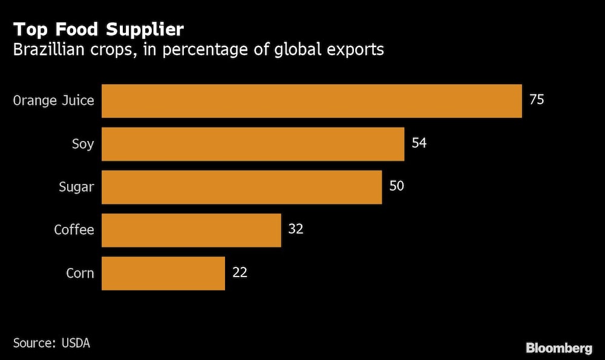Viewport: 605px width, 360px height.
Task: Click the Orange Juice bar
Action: coord(312,100)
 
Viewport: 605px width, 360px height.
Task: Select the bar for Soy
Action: coord(253,144)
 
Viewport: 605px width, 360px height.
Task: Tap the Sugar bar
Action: coord(241,187)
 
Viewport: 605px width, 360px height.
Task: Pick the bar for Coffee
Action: coord(191,230)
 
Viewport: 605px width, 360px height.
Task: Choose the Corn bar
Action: coord(163,273)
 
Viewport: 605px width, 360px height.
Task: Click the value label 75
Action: coord(537,100)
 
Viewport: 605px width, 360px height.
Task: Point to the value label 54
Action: coord(419,143)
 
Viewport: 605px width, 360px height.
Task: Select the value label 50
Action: coord(396,186)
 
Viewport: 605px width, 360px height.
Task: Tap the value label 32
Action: coord(296,229)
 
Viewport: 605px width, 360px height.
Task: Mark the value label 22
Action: coord(240,272)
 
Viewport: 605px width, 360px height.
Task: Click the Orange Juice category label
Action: coord(54,100)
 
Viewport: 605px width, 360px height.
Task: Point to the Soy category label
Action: coord(82,144)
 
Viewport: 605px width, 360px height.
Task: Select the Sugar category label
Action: coord(76,187)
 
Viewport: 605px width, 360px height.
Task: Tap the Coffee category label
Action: coord(74,230)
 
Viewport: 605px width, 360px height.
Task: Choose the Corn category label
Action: coord(80,273)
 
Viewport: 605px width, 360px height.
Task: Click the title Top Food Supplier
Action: coord(99,29)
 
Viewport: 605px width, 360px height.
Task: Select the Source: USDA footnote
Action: coord(51,343)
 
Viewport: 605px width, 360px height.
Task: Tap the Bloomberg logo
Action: coord(558,347)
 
